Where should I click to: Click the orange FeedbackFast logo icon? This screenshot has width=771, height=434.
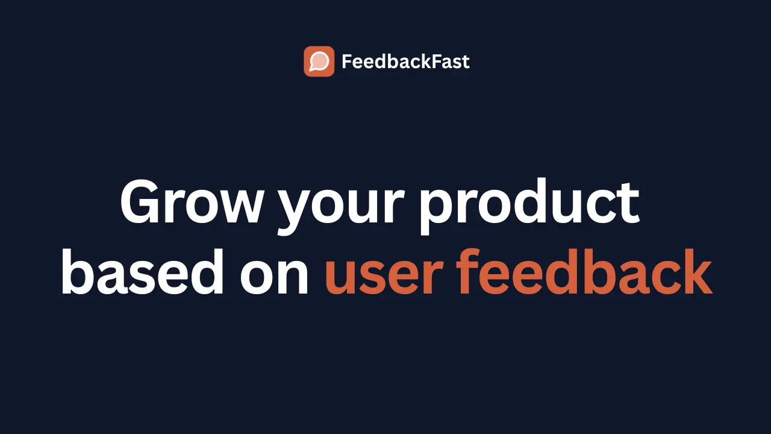point(319,61)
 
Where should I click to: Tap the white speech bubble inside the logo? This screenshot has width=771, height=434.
point(319,61)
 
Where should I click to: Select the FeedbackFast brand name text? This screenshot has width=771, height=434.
point(405,61)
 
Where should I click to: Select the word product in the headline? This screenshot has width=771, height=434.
point(529,202)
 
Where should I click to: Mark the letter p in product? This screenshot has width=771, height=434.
point(438,211)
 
